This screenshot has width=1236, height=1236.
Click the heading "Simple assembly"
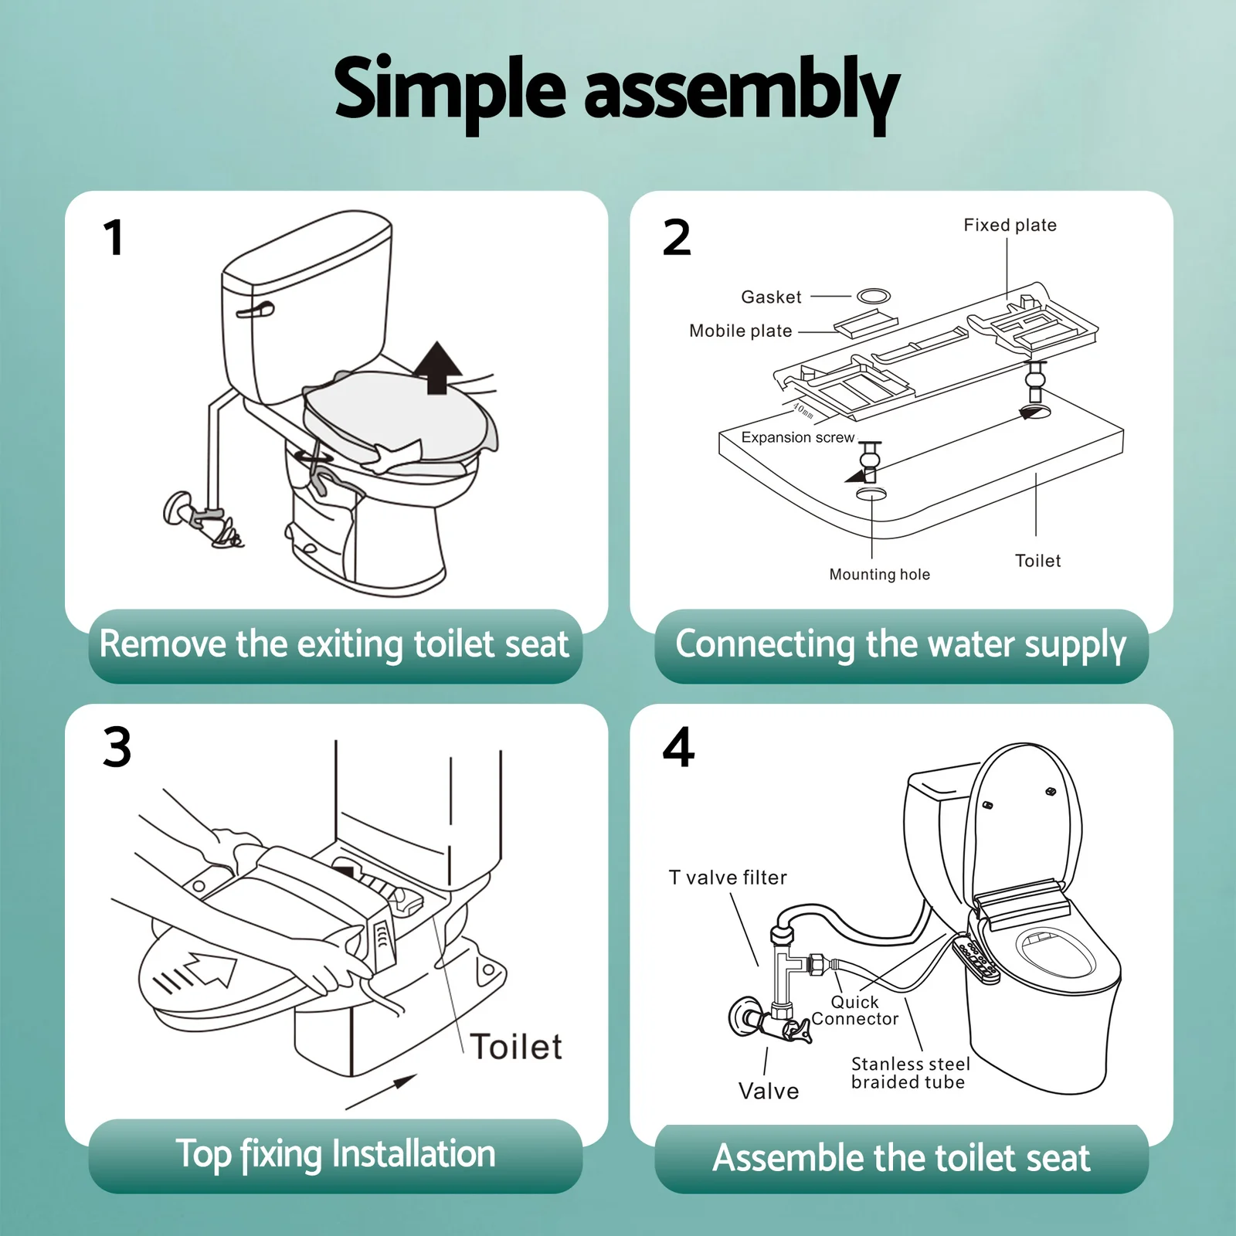click(x=617, y=93)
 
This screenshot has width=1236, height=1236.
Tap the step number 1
click(x=114, y=237)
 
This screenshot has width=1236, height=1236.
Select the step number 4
click(x=678, y=747)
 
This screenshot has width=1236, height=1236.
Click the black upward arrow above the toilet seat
click(x=437, y=368)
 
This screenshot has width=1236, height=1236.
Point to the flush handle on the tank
click(x=255, y=310)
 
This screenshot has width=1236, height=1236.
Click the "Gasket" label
click(x=771, y=297)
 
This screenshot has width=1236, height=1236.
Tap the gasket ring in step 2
click(x=874, y=295)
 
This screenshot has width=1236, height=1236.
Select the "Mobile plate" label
click(x=741, y=331)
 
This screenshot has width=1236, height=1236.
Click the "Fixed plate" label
click(x=1010, y=225)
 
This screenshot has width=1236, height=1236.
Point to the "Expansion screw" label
click(x=798, y=437)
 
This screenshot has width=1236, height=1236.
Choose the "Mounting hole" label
click(x=879, y=574)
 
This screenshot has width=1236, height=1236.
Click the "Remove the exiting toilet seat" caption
click(x=334, y=644)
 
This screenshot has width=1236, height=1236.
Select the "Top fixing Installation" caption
click(x=335, y=1154)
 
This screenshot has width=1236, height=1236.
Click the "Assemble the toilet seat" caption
click(x=901, y=1157)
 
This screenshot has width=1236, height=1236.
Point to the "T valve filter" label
click(x=728, y=878)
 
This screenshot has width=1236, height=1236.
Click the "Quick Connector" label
click(x=855, y=1010)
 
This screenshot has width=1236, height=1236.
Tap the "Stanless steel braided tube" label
click(x=910, y=1073)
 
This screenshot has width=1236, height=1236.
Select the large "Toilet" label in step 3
click(x=516, y=1047)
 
